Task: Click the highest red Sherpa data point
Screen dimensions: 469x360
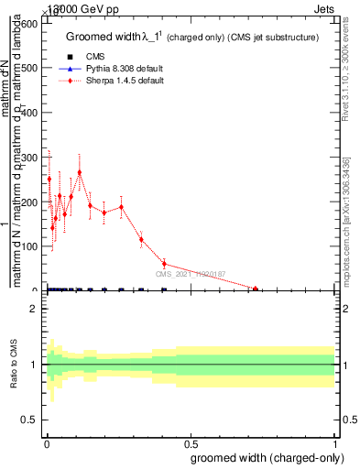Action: click(80, 172)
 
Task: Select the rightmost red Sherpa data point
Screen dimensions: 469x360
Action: click(256, 289)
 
